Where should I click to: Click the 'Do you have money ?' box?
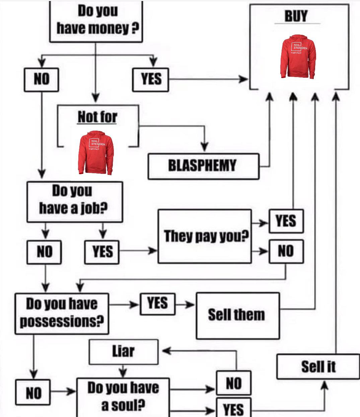tap(96, 21)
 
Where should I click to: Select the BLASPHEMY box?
tap(204, 166)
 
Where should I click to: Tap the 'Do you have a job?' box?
tap(75, 202)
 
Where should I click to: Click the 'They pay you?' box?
tap(205, 236)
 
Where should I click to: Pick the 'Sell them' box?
tap(238, 316)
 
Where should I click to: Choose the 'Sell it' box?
tap(318, 366)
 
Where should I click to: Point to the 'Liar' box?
tap(124, 352)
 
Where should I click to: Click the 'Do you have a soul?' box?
tap(123, 397)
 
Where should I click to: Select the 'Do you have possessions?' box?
tap(62, 314)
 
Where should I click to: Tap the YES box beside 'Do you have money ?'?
tap(150, 80)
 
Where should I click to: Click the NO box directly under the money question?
tap(41, 80)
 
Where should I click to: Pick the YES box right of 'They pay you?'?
tap(286, 221)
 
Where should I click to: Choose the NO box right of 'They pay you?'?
tap(286, 251)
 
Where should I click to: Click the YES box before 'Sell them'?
tap(157, 304)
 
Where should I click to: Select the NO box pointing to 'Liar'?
tap(233, 383)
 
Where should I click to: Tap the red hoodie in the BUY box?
tap(298, 57)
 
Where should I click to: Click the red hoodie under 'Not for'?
tap(96, 152)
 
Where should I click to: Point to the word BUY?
tap(296, 16)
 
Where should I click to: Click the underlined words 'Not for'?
tap(97, 117)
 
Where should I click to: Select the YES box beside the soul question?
tap(233, 408)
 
